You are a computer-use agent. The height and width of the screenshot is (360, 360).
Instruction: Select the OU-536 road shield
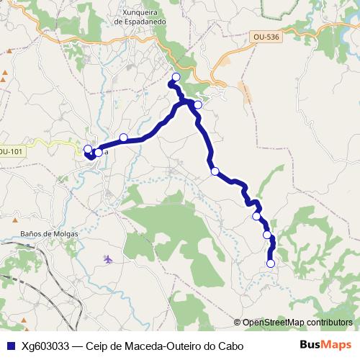pos(267,37)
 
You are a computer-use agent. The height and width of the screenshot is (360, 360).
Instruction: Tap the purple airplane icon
pos(108,258)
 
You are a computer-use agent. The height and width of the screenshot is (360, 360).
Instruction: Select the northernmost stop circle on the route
pos(176,76)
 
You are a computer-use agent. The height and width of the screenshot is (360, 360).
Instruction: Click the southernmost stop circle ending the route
pos(271,264)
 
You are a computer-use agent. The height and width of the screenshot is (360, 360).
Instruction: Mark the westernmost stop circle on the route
pos(88,149)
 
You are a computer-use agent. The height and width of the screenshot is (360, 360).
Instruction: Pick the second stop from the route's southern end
pos(267,235)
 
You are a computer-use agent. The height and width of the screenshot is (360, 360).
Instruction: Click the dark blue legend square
pos(10,346)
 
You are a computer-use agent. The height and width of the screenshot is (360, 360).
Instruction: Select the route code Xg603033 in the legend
pos(45,346)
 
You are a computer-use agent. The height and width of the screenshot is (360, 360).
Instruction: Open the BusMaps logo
pos(325,345)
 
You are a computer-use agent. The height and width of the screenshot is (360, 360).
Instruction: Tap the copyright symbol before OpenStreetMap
pos(237,323)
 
